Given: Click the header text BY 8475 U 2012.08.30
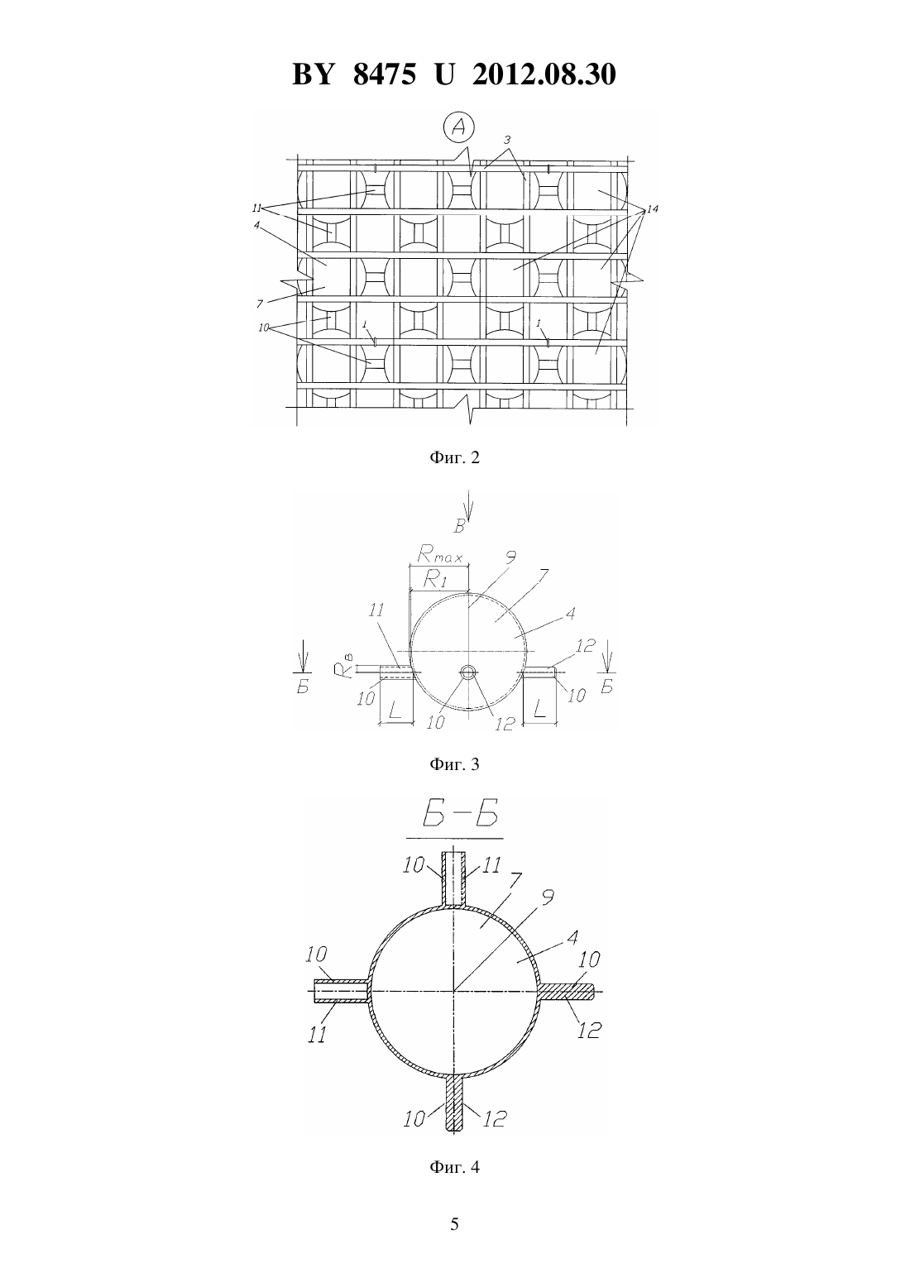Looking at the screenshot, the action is (454, 74).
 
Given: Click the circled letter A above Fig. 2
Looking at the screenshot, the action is (459, 127).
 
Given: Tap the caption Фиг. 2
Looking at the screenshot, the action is (454, 458).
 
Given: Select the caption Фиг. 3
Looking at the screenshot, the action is (454, 764).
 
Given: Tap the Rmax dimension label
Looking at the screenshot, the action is (439, 554).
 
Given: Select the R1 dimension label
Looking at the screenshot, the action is (435, 580).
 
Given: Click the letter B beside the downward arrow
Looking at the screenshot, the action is (459, 526).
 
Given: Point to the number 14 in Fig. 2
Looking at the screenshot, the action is (652, 208).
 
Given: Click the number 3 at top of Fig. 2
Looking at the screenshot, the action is (506, 140).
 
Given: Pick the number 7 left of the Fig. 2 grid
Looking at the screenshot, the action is (260, 304).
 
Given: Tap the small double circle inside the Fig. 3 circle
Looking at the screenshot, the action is (469, 672).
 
